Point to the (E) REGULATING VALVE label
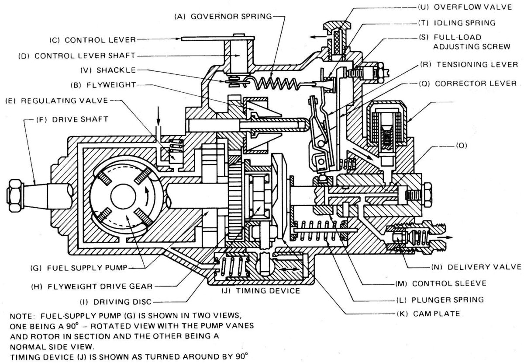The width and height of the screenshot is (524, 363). [56, 100]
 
